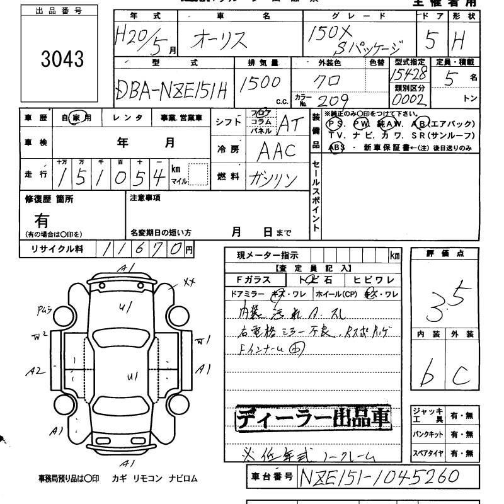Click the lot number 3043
[x=62, y=59]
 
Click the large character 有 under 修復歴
[x=42, y=220]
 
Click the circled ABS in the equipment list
[x=337, y=147]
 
